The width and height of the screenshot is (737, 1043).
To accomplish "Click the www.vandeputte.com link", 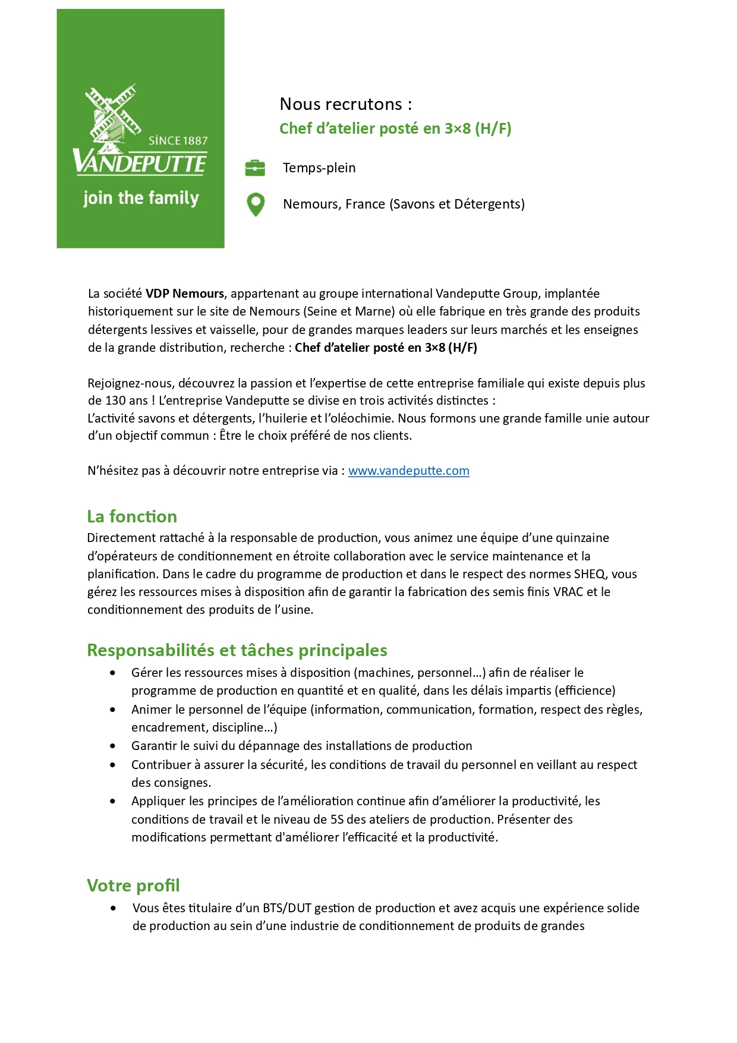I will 408,471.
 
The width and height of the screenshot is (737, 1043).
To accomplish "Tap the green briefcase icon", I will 255,168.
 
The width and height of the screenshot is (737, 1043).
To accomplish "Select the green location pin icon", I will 256,204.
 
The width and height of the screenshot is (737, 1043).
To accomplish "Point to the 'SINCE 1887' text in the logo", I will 178,141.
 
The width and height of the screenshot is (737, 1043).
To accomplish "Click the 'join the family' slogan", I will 141,198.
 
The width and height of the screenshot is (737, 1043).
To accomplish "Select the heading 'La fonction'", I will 132,516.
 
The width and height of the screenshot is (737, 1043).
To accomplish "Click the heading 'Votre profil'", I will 133,885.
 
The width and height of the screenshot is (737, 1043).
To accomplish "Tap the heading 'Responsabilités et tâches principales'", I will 237,650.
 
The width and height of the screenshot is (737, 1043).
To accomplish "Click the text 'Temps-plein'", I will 319,168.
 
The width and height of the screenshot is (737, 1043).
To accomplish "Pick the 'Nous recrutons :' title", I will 346,104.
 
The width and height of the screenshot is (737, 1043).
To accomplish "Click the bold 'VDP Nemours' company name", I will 185,294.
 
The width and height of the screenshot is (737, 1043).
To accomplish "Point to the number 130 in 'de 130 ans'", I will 116,401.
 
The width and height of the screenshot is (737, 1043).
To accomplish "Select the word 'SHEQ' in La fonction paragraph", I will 589,574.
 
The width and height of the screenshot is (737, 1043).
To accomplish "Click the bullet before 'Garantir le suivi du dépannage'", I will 113,746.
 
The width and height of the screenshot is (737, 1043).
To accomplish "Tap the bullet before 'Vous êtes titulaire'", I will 113,908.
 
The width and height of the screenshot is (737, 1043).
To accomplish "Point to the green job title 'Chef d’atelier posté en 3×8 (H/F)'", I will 395,128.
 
